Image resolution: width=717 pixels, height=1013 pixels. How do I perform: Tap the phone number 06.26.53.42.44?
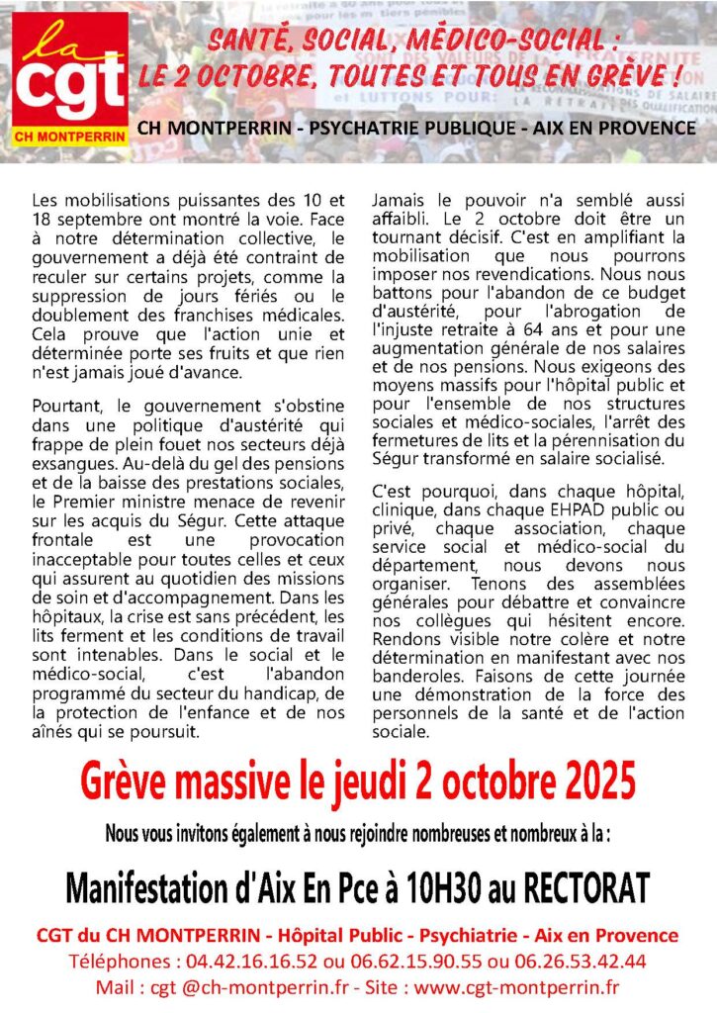click(x=583, y=961)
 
